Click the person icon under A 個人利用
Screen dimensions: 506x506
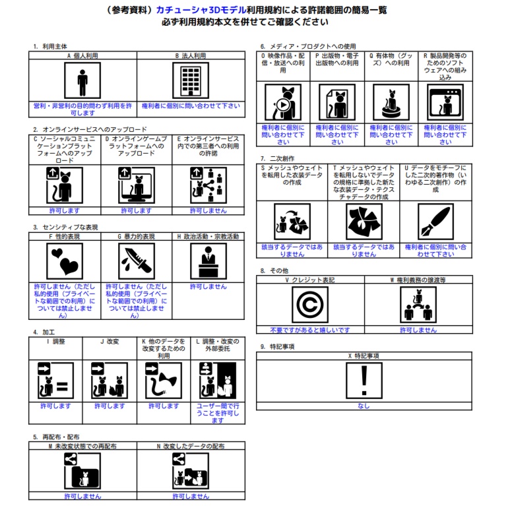point(82,80)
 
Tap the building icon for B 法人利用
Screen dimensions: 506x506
point(191,80)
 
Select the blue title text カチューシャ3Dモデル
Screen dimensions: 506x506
point(201,10)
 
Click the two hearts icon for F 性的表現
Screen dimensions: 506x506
point(65,261)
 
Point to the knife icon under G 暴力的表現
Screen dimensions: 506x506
point(136,261)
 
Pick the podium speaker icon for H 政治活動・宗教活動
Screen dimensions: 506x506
point(208,261)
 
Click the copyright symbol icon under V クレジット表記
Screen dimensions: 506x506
point(310,305)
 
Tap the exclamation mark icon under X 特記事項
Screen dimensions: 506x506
point(364,381)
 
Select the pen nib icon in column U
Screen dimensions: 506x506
point(435,222)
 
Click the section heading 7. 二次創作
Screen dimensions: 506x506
point(278,158)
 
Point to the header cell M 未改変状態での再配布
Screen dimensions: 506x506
point(82,446)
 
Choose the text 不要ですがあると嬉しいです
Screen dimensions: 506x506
point(310,330)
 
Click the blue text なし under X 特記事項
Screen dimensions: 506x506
point(364,406)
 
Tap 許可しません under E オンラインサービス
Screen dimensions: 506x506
point(208,210)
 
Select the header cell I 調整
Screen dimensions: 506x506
point(55,348)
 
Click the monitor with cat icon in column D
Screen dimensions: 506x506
point(136,185)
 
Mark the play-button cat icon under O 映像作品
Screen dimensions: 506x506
point(283,102)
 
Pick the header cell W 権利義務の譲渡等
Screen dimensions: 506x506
point(418,280)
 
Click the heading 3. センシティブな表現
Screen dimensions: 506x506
point(65,227)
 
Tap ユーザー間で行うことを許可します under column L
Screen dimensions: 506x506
point(218,413)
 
